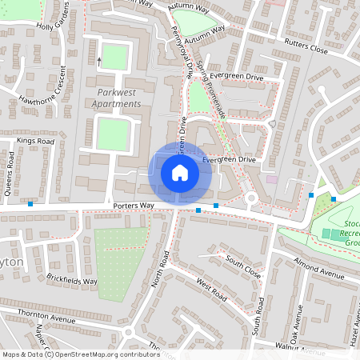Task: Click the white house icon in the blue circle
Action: [x=179, y=173]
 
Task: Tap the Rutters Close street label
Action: [x=306, y=50]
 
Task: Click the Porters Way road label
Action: [x=133, y=206]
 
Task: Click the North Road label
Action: [x=159, y=267]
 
